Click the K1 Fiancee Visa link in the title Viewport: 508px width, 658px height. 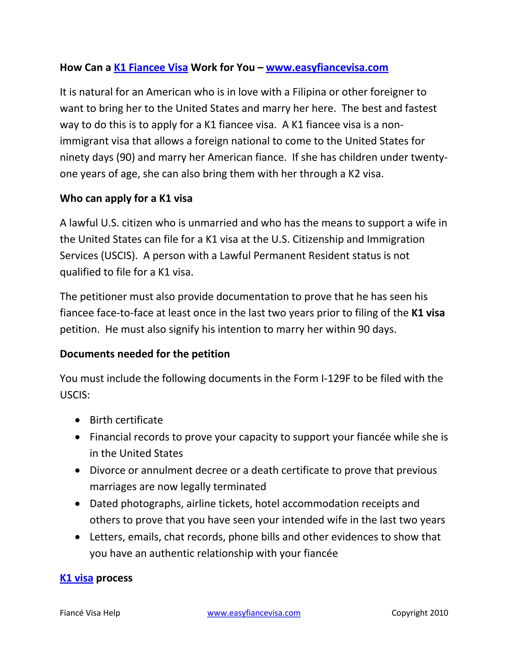click(151, 68)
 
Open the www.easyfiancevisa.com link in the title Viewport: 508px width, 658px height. click(327, 68)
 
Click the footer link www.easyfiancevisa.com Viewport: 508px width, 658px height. click(254, 613)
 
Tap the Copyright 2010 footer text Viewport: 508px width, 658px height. click(419, 613)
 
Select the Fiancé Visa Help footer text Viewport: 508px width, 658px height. click(90, 613)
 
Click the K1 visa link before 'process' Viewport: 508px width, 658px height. click(76, 578)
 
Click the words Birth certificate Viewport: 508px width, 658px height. click(126, 420)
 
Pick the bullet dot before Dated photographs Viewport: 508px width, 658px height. click(78, 504)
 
